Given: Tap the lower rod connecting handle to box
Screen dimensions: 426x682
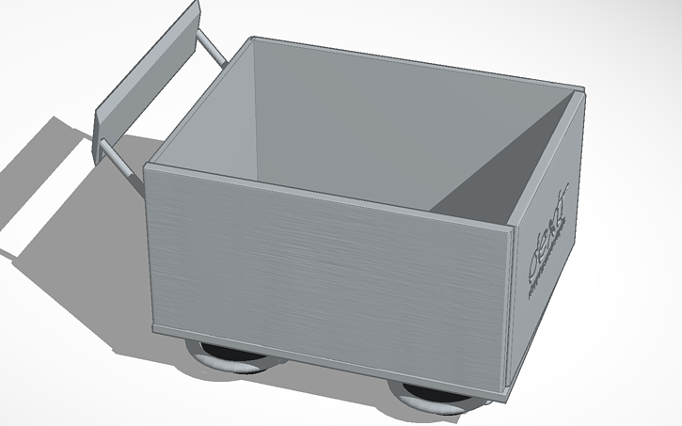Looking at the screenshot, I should click(121, 161).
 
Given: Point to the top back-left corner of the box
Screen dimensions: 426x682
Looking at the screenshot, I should click(252, 39).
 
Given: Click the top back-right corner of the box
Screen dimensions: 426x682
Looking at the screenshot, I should click(582, 91).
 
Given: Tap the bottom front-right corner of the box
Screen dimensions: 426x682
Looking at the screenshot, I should click(509, 387).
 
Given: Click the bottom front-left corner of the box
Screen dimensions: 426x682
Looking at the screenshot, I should click(153, 325).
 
